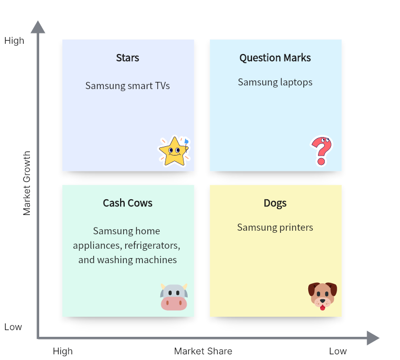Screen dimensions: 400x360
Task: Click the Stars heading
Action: click(127, 58)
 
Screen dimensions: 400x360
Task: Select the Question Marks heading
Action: click(275, 58)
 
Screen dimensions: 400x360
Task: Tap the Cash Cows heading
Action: click(127, 203)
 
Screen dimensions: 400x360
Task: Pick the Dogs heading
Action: click(275, 203)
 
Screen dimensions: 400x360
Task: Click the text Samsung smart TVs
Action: click(127, 85)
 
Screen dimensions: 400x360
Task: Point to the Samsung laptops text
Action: click(275, 82)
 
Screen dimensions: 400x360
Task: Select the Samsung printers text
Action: click(275, 228)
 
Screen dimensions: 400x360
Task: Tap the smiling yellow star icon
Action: click(174, 151)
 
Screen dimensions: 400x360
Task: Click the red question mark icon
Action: click(322, 151)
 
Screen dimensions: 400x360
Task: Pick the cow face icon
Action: click(174, 297)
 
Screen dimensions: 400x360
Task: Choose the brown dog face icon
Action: click(323, 296)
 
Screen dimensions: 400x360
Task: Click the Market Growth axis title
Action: click(26, 183)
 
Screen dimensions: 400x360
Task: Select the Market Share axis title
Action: click(203, 351)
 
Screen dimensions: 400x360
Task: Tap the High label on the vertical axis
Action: click(14, 41)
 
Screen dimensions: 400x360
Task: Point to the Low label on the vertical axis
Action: click(13, 327)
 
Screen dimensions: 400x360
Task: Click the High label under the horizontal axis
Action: click(63, 351)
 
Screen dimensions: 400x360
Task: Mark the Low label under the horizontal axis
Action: click(338, 351)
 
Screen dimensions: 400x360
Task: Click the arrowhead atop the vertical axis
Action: click(38, 27)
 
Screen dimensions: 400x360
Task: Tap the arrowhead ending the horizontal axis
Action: click(373, 338)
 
